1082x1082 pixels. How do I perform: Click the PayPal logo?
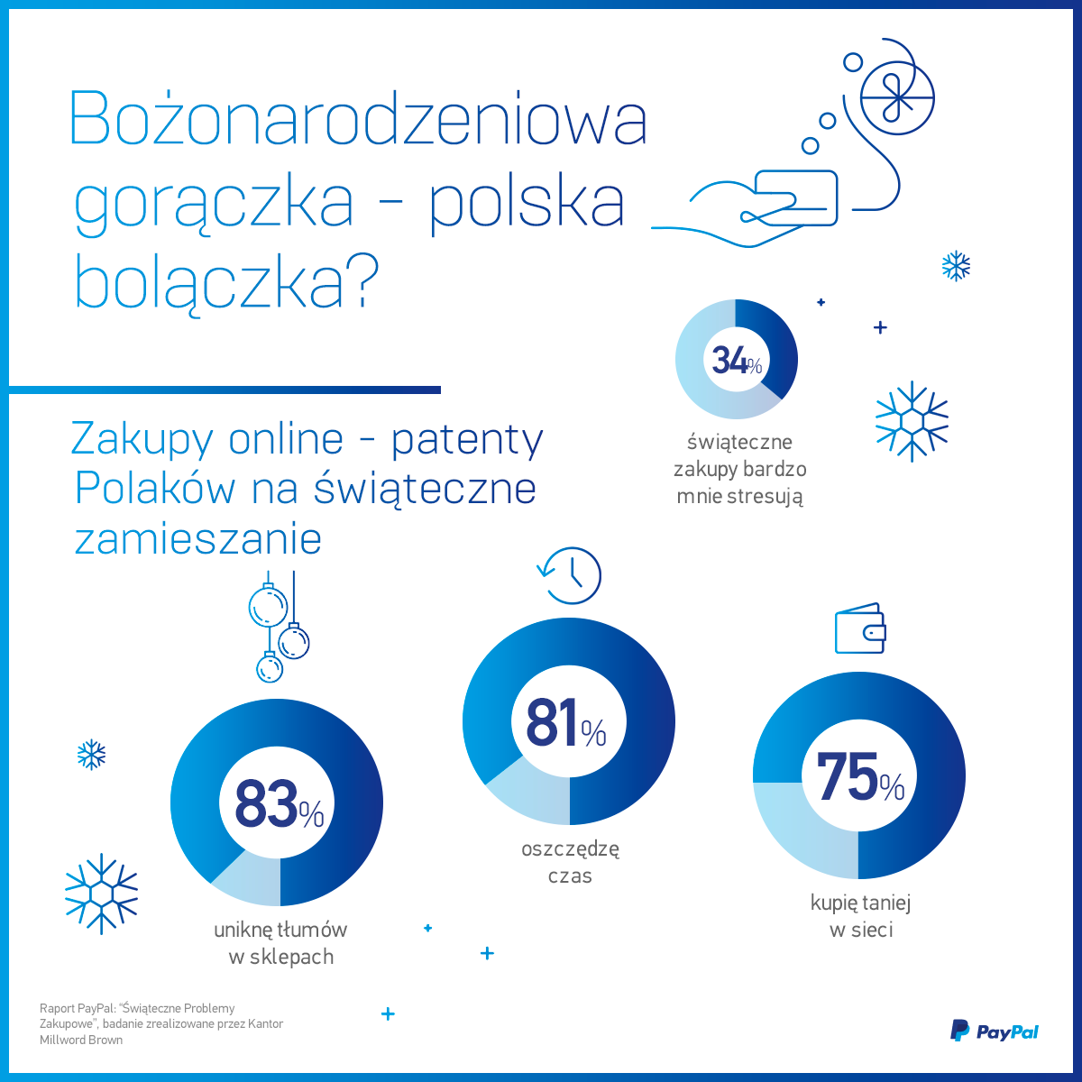(x=995, y=1031)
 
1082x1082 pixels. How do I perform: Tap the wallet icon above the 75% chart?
(x=859, y=628)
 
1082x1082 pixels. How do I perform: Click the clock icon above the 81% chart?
(x=571, y=575)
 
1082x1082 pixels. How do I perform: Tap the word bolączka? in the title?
(x=225, y=281)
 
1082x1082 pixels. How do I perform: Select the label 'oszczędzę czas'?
(x=570, y=862)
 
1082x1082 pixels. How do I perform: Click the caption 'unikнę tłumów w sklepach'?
(x=280, y=943)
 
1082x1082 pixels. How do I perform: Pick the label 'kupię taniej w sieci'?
(x=860, y=916)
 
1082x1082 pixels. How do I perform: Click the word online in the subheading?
(x=286, y=439)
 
